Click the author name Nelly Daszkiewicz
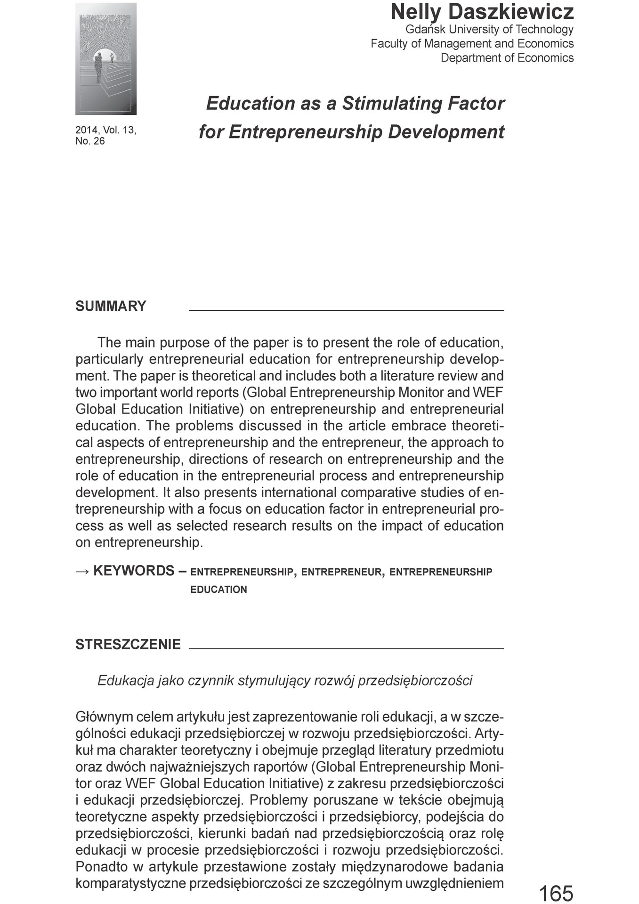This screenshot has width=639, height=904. (482, 12)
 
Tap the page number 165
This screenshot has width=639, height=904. (556, 893)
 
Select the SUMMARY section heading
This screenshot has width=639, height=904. (111, 306)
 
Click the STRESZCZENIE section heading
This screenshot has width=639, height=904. (128, 644)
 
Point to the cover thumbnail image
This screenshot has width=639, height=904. (106, 59)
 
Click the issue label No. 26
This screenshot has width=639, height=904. (90, 141)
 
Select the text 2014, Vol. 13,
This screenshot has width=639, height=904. (105, 130)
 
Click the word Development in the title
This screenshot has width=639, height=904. (446, 132)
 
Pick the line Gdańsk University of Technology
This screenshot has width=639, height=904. (489, 29)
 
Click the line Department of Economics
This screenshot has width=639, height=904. (507, 58)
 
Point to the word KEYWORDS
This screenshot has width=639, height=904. (134, 571)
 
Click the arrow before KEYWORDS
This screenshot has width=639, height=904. (82, 571)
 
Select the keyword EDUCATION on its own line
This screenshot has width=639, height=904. (218, 589)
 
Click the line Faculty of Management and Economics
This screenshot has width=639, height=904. (472, 43)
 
